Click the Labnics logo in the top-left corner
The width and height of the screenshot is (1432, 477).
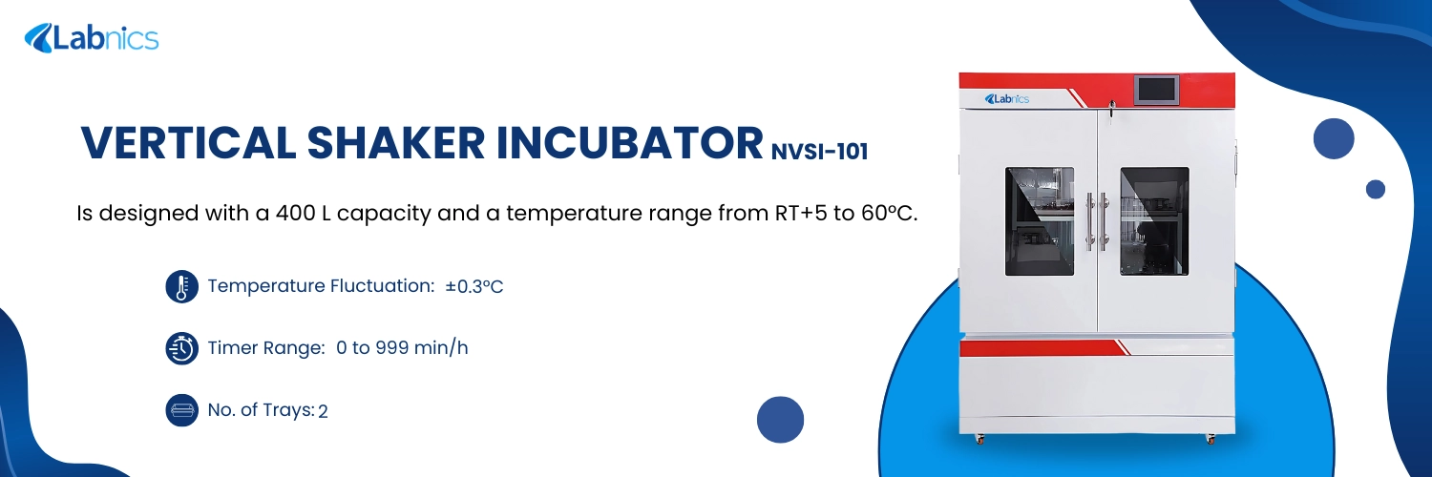pyautogui.click(x=92, y=38)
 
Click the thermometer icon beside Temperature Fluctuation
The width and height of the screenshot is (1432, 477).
pyautogui.click(x=181, y=286)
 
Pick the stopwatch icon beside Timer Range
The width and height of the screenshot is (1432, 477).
pyautogui.click(x=181, y=348)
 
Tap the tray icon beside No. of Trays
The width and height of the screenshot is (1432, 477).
pyautogui.click(x=181, y=410)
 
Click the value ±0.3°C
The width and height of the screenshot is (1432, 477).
pyautogui.click(x=474, y=286)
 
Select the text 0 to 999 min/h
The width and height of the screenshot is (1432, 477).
pyautogui.click(x=402, y=348)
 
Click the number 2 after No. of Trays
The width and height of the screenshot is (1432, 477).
pyautogui.click(x=323, y=411)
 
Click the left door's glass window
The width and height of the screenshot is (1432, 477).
pyautogui.click(x=1039, y=221)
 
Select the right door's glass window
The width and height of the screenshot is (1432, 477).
pyautogui.click(x=1153, y=221)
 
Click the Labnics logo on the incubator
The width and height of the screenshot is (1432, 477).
pyautogui.click(x=1006, y=98)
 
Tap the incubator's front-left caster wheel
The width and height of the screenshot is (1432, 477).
pyautogui.click(x=979, y=438)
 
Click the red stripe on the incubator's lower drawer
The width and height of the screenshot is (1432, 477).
pyautogui.click(x=1041, y=348)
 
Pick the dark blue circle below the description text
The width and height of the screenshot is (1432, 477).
pyautogui.click(x=780, y=420)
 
